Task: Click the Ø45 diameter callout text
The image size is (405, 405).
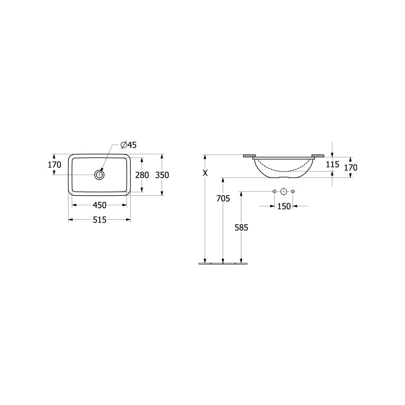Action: pyautogui.click(x=128, y=145)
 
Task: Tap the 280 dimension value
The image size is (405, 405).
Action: pyautogui.click(x=142, y=175)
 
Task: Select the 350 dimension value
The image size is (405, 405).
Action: pyautogui.click(x=162, y=175)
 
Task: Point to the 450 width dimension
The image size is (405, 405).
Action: pyautogui.click(x=100, y=205)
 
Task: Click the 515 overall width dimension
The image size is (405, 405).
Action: pyautogui.click(x=100, y=220)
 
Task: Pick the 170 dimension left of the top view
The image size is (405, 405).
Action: pyautogui.click(x=54, y=165)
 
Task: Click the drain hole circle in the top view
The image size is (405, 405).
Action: pyautogui.click(x=99, y=174)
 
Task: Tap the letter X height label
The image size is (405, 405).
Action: pyautogui.click(x=205, y=173)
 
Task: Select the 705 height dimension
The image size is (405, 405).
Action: pyautogui.click(x=223, y=198)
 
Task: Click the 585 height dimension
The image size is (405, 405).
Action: pyautogui.click(x=241, y=227)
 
